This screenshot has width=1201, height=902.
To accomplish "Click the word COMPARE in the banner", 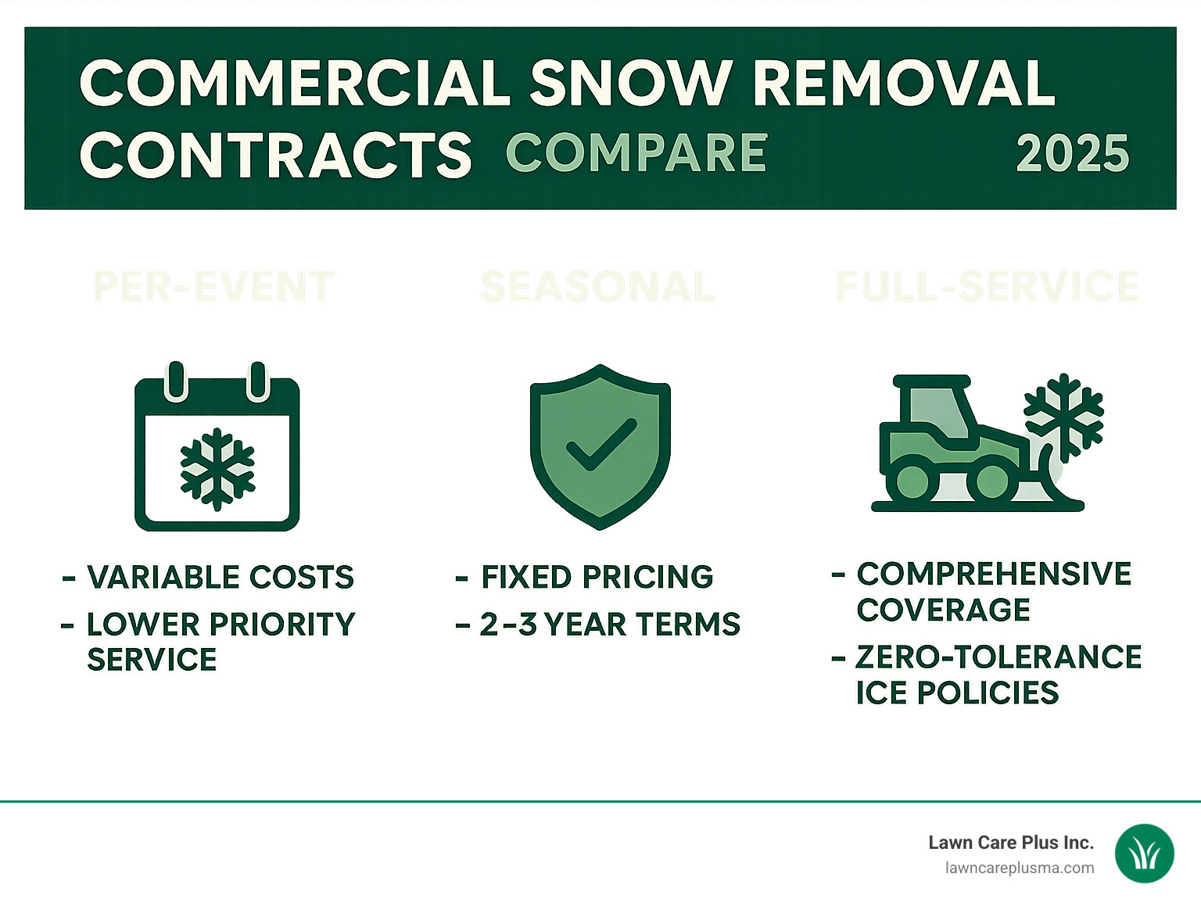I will point(636,152).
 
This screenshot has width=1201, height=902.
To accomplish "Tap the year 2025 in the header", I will point(1072,154).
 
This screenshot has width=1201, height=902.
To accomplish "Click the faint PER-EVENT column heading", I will point(214,287).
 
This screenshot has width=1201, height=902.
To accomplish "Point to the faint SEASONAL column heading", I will point(597,287).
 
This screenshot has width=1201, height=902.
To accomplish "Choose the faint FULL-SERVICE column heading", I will point(987,287).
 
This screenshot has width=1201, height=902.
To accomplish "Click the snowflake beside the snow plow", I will point(1063,416).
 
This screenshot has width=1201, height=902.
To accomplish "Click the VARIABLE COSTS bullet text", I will point(220,578).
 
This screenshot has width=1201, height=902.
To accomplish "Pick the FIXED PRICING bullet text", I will point(597,578).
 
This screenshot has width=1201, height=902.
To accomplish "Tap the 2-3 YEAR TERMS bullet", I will point(610,625).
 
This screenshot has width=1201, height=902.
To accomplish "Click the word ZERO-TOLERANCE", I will point(998,657).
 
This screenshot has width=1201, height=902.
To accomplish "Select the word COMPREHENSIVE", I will point(994,574).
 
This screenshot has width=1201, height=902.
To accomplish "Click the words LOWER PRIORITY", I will point(220,625).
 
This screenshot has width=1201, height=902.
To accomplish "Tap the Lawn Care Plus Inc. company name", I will point(1010,843).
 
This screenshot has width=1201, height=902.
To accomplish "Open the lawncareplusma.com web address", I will point(1019,868).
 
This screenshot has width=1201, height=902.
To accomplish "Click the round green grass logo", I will point(1144,854).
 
